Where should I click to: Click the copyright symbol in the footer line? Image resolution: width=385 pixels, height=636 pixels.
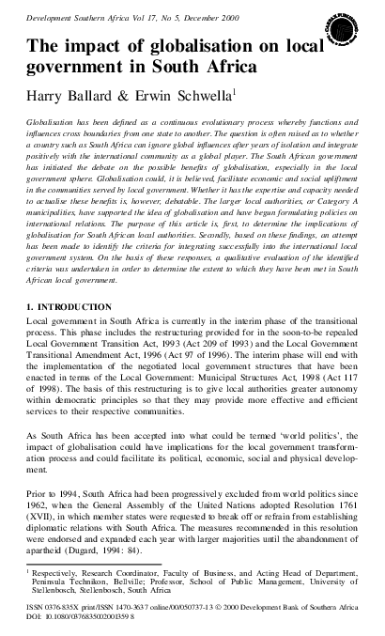pos(220,611)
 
